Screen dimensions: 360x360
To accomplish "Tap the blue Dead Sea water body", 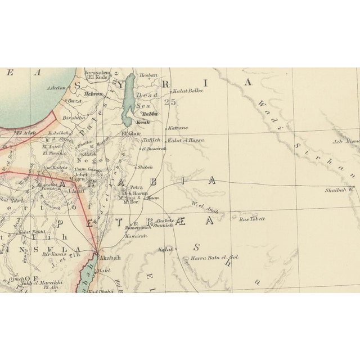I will pyautogui.click(x=129, y=101).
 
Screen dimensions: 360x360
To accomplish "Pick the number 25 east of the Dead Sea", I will pyautogui.click(x=170, y=102).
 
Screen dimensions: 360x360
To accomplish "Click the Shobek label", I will pyautogui.click(x=146, y=166).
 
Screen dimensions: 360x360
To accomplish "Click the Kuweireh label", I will pyautogui.click(x=135, y=236).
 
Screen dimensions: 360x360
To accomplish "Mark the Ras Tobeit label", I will pyautogui.click(x=252, y=218).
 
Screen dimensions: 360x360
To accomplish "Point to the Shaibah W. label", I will pyautogui.click(x=339, y=190).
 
